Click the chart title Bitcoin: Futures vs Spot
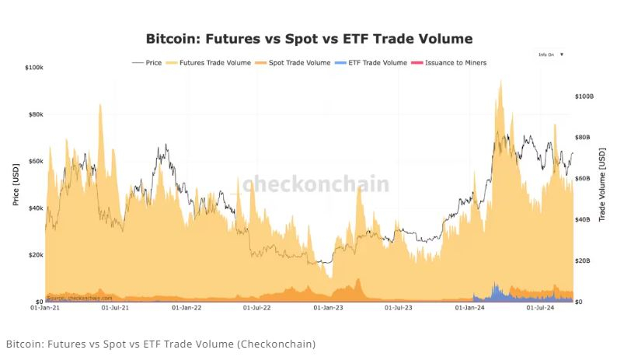coord(308,38)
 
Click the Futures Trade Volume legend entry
coord(210,63)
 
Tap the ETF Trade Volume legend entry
coord(376,63)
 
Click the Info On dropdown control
coord(551,54)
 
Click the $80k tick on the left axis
coord(34,114)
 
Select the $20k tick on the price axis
coord(34,255)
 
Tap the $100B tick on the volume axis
coord(584,96)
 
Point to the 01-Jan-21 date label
coord(45,309)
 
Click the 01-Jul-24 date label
coord(541,309)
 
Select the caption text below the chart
coord(161,344)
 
